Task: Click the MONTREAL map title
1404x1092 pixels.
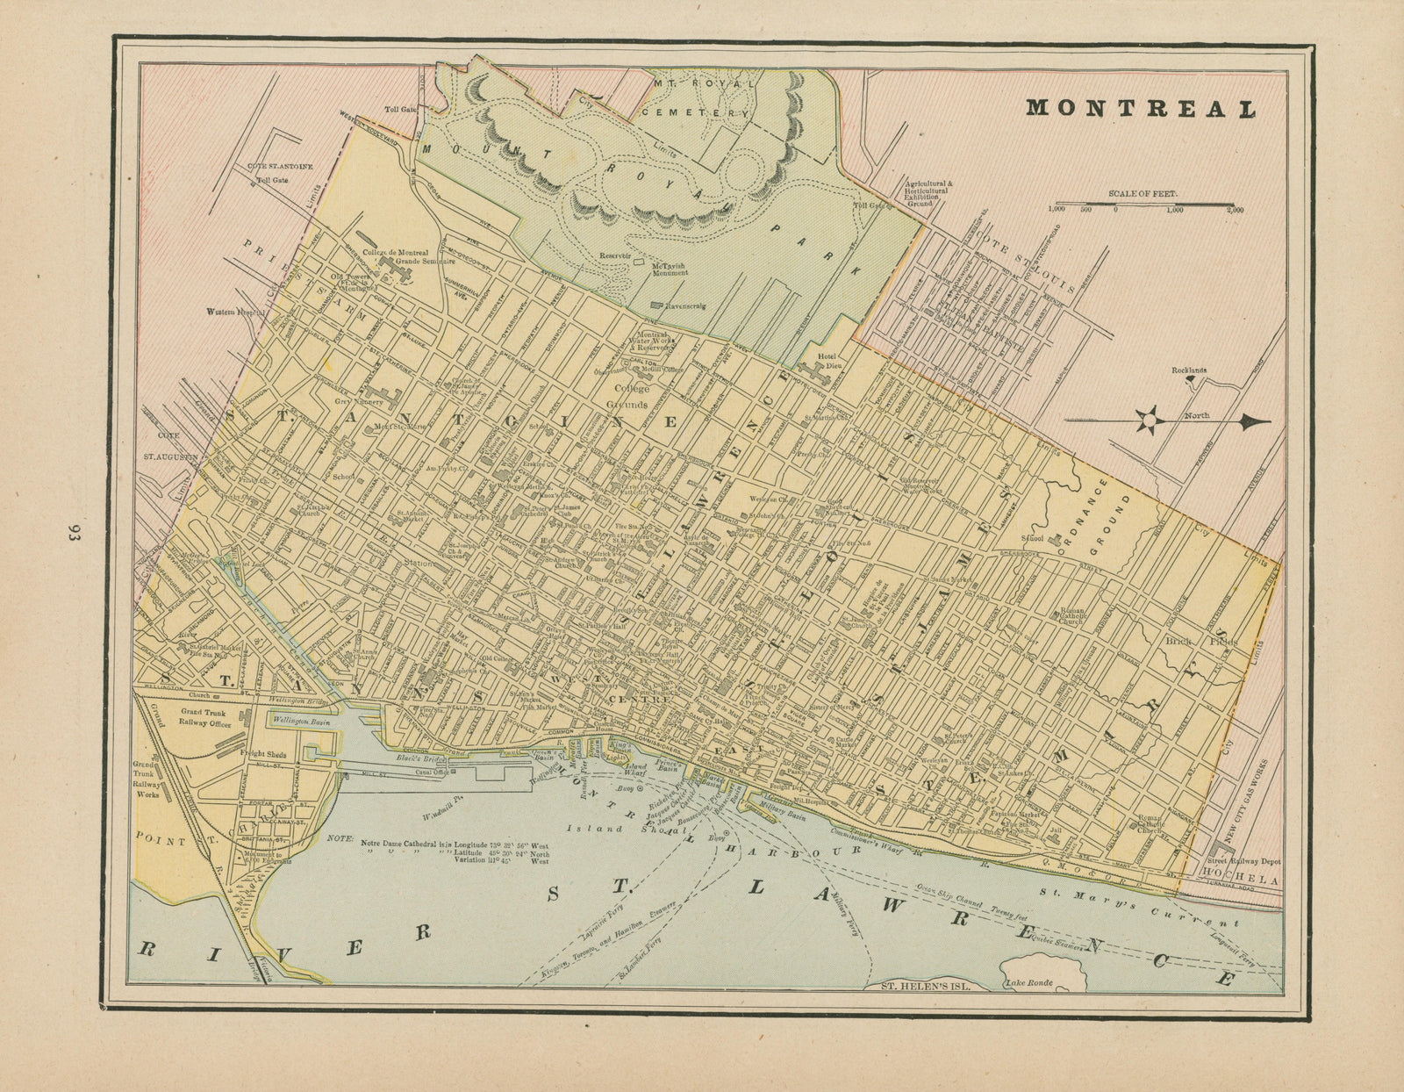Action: click(x=1141, y=108)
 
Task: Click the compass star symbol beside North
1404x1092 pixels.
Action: click(x=1146, y=420)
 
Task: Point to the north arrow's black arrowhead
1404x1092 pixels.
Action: click(x=1256, y=421)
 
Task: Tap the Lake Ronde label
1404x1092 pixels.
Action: click(x=1029, y=983)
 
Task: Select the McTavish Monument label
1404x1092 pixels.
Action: click(x=670, y=269)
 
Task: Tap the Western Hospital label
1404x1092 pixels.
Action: click(x=235, y=312)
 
